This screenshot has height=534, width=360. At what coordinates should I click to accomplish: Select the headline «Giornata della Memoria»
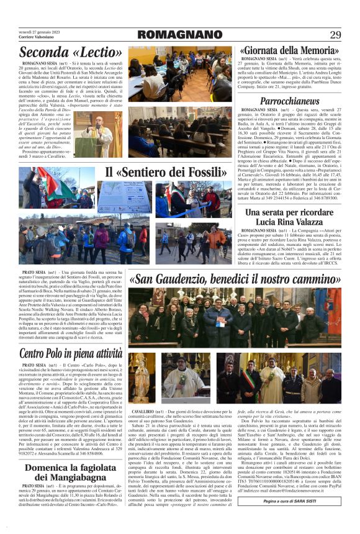(x=289, y=50)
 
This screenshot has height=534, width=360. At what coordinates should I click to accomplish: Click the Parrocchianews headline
(x=290, y=101)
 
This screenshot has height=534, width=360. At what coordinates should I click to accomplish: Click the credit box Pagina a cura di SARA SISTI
(x=290, y=517)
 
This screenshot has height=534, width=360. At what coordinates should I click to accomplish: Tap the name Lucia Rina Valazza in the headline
(x=289, y=222)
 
